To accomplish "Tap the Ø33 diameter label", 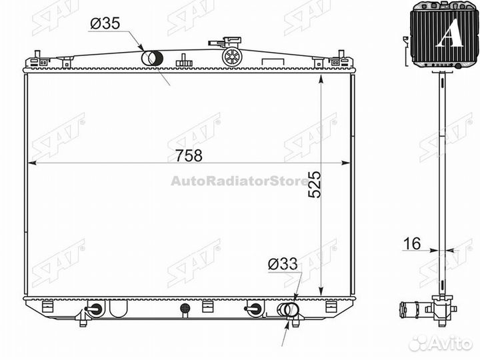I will (x=282, y=265).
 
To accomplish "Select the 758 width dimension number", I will (x=189, y=155).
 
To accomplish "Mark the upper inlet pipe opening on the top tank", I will (x=151, y=58).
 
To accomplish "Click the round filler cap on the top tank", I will (x=231, y=55).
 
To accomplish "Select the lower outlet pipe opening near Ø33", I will (x=288, y=309).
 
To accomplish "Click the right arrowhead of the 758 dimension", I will (x=345, y=162).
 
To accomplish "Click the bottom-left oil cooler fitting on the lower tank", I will (x=94, y=309).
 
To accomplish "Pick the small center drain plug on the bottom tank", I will (x=186, y=309).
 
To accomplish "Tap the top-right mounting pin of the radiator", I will (x=341, y=54).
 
